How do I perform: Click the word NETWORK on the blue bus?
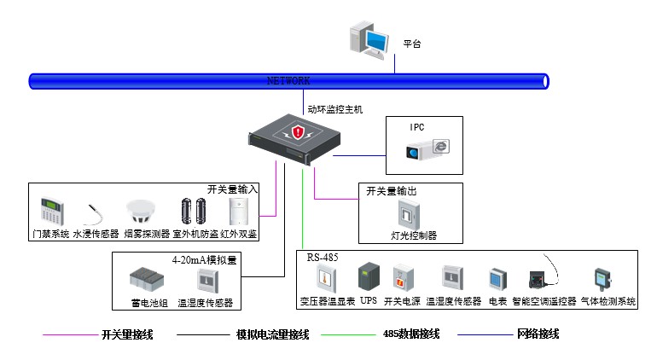point(288,80)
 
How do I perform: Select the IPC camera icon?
point(426,150)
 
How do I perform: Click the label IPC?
point(417,127)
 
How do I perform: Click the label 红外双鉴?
point(240,234)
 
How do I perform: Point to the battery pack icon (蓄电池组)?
point(146,280)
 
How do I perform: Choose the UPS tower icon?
point(368,278)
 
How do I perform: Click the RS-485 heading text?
point(324,256)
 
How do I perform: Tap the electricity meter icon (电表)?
point(497,280)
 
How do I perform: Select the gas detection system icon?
point(602,280)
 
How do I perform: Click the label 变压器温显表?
point(327,301)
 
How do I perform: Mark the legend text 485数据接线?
point(411,334)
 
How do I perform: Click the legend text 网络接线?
point(538,334)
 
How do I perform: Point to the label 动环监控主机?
point(335,109)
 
